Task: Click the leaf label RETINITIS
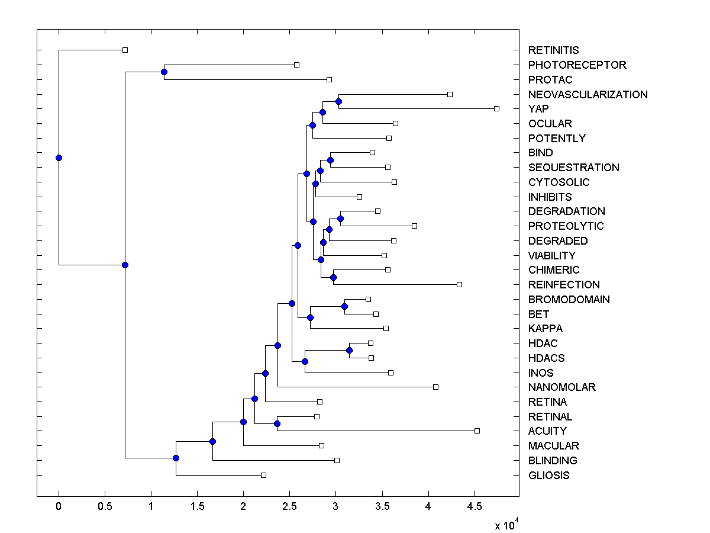553,50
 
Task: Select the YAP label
538,109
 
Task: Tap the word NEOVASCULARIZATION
588,94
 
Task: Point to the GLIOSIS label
548,475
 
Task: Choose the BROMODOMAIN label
569,299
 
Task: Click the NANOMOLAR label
561,387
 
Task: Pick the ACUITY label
547,431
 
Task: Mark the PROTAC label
550,79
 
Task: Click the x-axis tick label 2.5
289,507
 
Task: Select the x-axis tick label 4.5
474,507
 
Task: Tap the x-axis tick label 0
59,507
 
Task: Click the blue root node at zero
59,158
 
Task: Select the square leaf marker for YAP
496,108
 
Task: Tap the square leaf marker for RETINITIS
125,50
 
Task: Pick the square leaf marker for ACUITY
477,431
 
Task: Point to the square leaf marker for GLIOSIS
264,475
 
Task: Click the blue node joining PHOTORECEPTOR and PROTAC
164,72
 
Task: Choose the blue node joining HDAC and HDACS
349,350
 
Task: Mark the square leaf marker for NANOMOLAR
435,387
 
